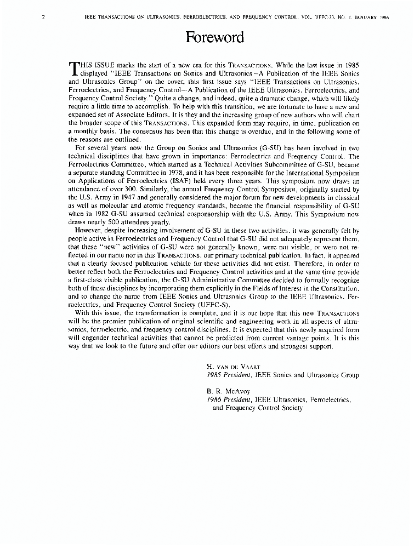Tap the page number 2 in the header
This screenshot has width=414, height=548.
point(43,17)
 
